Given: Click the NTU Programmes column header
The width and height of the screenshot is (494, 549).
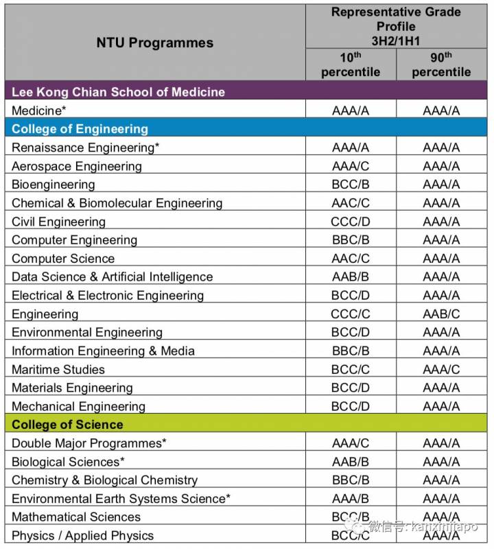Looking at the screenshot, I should tap(154, 43).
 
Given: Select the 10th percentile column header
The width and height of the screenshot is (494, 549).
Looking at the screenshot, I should tap(351, 65).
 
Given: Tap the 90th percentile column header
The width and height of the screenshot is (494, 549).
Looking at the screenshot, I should tap(441, 65).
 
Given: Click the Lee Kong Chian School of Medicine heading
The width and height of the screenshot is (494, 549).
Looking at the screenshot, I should tap(118, 91).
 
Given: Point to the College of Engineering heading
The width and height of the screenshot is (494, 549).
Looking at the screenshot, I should tap(80, 128).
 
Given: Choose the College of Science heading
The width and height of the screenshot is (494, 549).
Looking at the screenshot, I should tap(67, 424).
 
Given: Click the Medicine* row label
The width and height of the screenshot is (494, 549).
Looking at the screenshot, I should tap(39, 110).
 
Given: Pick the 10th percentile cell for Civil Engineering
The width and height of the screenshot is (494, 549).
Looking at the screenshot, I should tap(351, 222).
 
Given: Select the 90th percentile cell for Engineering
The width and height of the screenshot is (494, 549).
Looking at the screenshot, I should tap(441, 314).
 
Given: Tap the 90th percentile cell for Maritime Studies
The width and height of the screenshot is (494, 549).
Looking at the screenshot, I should tap(441, 369).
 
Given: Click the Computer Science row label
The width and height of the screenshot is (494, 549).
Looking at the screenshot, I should tap(63, 259).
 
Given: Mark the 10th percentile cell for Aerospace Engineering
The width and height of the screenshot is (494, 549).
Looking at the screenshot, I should tap(351, 166).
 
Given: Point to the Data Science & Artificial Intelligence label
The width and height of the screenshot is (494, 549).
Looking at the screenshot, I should tap(113, 277).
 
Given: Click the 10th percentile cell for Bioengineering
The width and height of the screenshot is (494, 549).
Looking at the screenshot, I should tap(351, 185).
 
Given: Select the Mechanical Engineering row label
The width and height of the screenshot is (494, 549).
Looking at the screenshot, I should tap(78, 406).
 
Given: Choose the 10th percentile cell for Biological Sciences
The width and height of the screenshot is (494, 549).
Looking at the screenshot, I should tap(351, 462).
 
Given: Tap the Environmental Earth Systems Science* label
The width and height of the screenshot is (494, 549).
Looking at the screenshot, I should tap(121, 498).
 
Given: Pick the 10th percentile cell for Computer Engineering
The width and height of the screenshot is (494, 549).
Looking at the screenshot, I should tap(351, 240).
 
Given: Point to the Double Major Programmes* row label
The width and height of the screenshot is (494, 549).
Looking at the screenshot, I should tap(89, 443).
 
